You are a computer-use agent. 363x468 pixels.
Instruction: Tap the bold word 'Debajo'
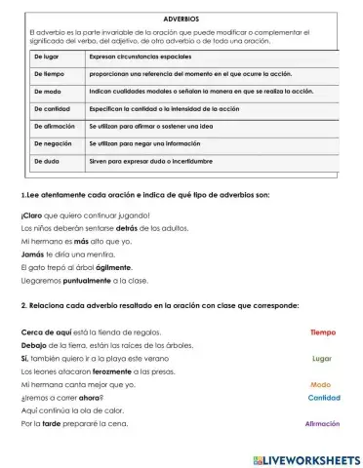[x=33, y=344]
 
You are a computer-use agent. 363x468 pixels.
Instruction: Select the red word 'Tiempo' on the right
[x=323, y=332]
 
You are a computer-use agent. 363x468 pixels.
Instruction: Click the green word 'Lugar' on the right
[x=322, y=358]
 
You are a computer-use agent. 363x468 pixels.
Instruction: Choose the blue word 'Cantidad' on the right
[x=324, y=398]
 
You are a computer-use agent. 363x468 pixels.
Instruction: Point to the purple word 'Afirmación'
[x=323, y=424]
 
